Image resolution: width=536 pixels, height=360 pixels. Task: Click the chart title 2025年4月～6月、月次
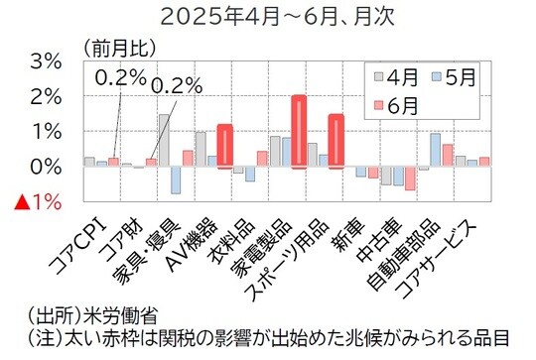pos(268,16)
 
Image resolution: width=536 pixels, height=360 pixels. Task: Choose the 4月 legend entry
pos(395,76)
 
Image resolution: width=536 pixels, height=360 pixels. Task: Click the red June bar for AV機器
pos(224,146)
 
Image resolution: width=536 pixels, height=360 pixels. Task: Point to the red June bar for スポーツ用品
pos(335,141)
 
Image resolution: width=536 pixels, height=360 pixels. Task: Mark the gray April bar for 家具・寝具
pos(164,140)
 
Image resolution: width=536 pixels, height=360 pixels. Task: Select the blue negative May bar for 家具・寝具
pos(176,180)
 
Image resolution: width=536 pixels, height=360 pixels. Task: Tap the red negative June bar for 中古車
pos(410,178)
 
